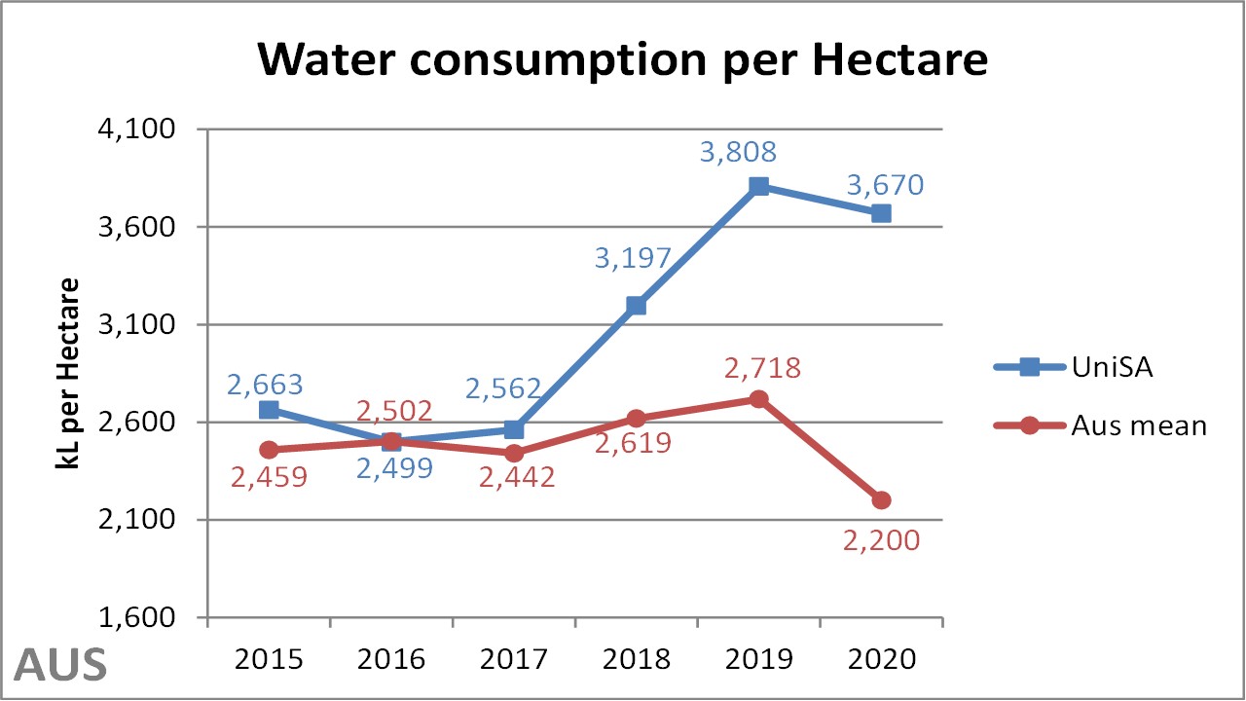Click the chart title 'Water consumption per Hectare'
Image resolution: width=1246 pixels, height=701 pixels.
tap(622, 60)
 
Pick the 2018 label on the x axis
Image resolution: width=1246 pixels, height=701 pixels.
tap(636, 659)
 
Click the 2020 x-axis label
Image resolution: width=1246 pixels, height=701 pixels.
tap(881, 659)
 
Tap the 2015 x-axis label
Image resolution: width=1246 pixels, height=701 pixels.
tap(268, 659)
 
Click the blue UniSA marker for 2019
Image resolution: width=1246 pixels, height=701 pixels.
tap(759, 186)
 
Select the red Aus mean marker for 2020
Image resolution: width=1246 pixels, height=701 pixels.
tap(881, 500)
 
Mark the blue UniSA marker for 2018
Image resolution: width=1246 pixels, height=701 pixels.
tap(636, 306)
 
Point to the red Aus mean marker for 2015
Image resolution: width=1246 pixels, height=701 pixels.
tap(269, 450)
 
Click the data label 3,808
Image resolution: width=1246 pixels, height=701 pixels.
tap(738, 152)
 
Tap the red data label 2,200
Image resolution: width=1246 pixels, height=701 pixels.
tap(882, 539)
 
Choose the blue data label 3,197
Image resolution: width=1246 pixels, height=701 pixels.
tap(634, 258)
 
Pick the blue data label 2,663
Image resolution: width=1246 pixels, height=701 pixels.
tap(266, 385)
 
